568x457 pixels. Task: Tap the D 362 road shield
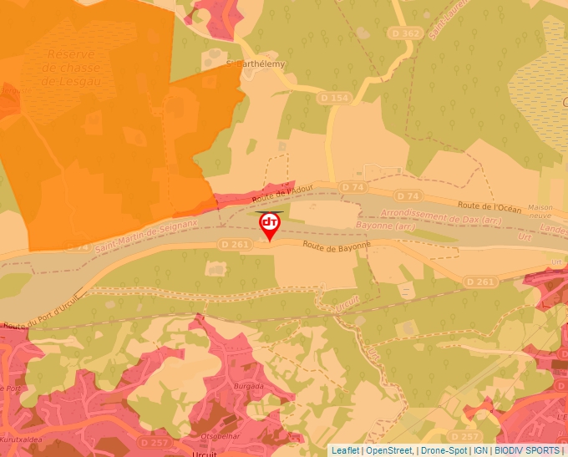(x=406, y=33)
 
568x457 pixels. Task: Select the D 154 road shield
(x=333, y=99)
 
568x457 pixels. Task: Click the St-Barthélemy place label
(x=256, y=64)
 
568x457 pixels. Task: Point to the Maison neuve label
(x=540, y=211)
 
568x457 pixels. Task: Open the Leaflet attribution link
(x=346, y=450)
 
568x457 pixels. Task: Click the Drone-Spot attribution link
(x=444, y=450)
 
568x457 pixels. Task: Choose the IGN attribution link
(x=480, y=450)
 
